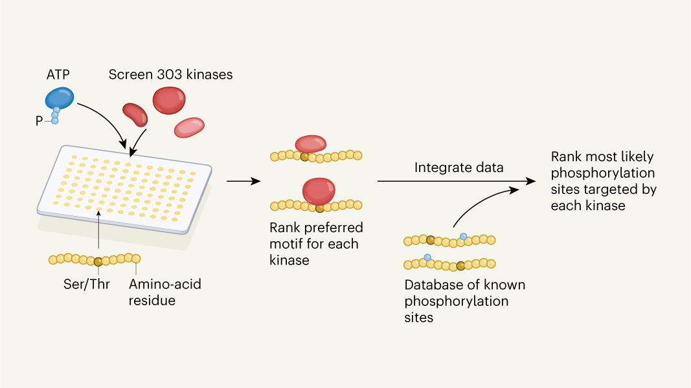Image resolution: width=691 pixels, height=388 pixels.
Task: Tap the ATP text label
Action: click(x=58, y=74)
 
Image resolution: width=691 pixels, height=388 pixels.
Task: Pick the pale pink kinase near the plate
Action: click(x=189, y=127)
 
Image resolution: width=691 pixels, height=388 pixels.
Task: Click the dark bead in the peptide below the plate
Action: click(x=98, y=261)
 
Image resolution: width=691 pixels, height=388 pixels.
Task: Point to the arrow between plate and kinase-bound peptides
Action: click(x=240, y=182)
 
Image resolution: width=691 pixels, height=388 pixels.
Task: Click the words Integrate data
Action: click(x=459, y=168)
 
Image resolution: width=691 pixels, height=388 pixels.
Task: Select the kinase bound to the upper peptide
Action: click(x=310, y=144)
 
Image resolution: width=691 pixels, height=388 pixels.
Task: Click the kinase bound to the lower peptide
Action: click(x=318, y=191)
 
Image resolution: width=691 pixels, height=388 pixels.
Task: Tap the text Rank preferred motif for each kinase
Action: click(x=316, y=244)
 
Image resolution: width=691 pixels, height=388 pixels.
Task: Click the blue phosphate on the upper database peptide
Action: click(x=462, y=236)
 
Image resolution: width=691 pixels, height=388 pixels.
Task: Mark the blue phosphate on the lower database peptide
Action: click(x=427, y=257)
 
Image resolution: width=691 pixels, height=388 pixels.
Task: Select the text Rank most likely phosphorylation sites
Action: click(x=603, y=181)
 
